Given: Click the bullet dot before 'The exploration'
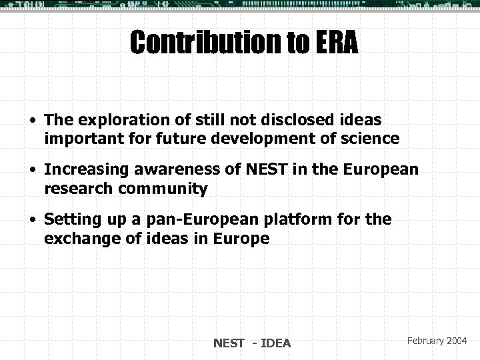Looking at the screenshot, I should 32,120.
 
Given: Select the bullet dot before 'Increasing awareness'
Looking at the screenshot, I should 32,170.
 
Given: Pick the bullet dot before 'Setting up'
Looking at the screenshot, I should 32,219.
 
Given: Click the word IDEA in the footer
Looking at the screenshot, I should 276,343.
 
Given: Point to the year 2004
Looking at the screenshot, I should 458,340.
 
